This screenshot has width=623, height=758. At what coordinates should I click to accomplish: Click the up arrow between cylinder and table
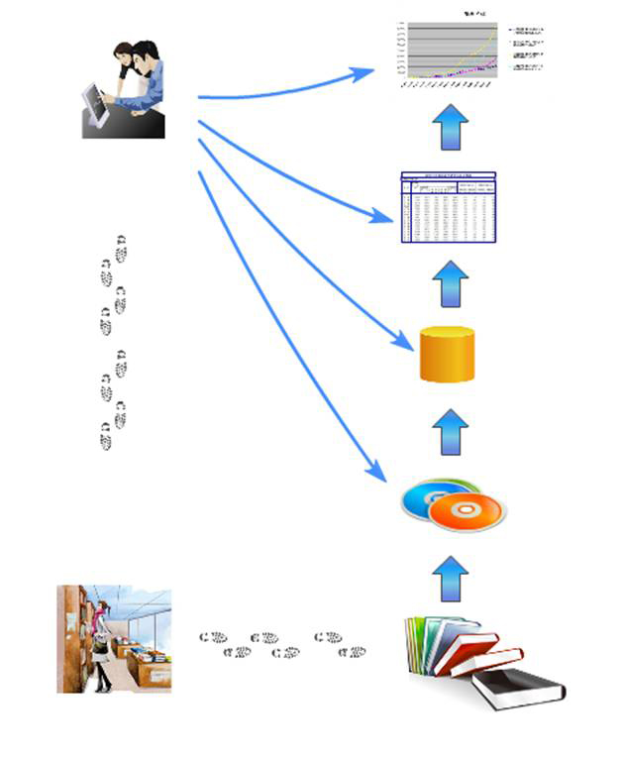(451, 284)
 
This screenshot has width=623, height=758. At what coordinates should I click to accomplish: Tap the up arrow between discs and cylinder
(451, 432)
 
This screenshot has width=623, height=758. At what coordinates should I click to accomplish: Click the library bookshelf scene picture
(114, 638)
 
